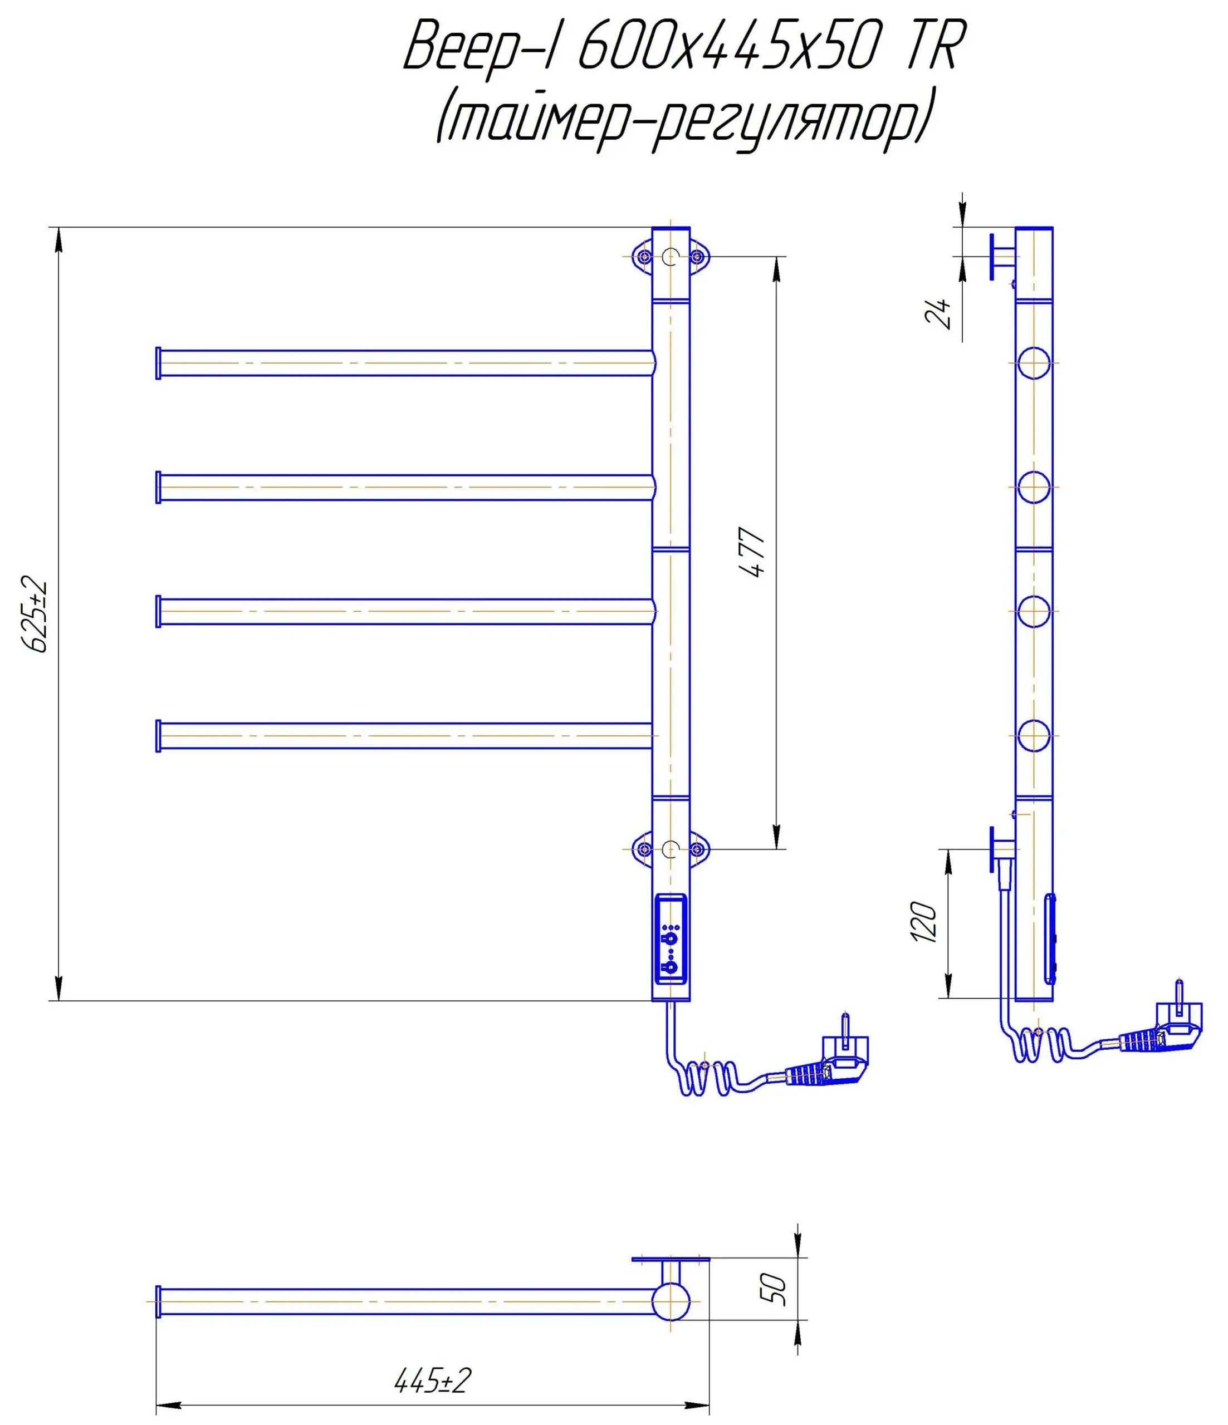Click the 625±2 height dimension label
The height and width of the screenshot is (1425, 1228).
pos(36,616)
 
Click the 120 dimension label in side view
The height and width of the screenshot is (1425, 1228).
pos(923,923)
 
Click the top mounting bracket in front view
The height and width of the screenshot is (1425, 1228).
pos(671,257)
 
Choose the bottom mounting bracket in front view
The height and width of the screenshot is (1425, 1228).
pos(671,849)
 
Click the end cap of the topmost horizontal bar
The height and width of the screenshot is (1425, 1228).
pos(158,362)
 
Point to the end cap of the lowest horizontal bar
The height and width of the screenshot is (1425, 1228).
pos(158,736)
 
